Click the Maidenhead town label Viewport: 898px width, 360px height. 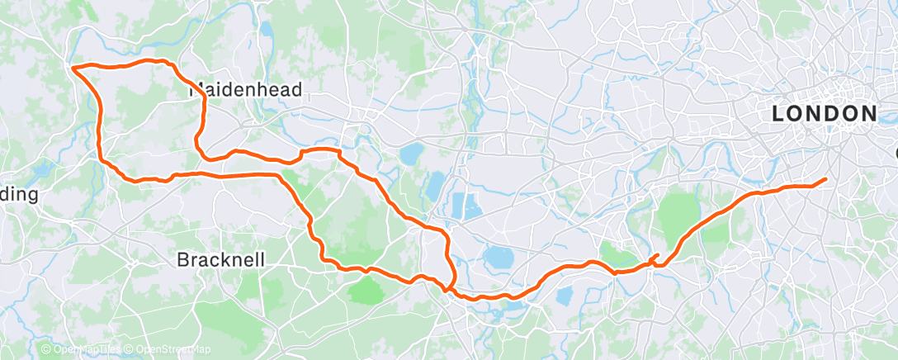pos(245,90)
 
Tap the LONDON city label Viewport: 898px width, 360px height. pos(824,114)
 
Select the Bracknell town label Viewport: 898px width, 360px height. pos(221,259)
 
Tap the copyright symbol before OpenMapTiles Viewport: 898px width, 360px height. pos(46,350)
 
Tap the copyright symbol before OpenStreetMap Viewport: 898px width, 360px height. pos(130,350)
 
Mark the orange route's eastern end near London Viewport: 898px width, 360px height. pos(825,180)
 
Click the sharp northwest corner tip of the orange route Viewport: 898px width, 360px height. pos(73,67)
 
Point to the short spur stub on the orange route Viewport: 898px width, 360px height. pos(656,255)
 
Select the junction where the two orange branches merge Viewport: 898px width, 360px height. pos(447,288)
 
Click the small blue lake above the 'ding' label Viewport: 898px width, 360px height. pos(41,170)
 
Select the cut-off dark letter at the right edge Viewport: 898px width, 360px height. pos(895,154)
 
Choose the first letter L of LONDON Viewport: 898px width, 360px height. pos(777,114)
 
